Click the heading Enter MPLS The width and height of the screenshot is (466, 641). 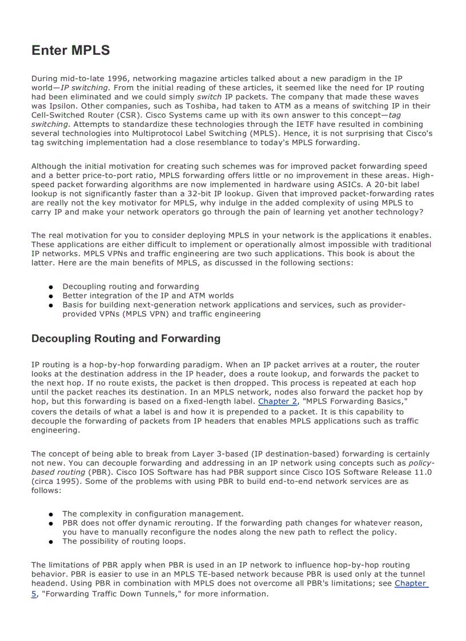coord(71,50)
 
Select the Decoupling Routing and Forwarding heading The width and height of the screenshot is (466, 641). coord(126,338)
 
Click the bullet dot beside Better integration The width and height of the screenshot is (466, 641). coord(51,296)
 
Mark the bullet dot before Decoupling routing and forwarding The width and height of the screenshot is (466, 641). coord(51,287)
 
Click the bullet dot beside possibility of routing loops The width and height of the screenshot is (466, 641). coord(51,542)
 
